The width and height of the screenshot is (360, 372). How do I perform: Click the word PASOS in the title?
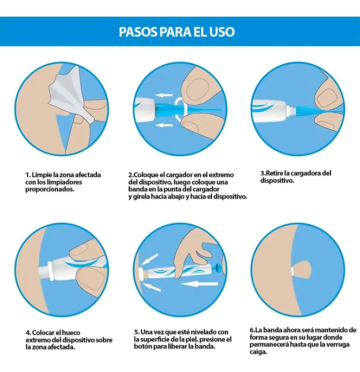click(x=138, y=32)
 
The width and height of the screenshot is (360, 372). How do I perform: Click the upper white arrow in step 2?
click(x=164, y=96)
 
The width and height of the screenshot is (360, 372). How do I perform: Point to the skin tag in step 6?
click(x=301, y=269)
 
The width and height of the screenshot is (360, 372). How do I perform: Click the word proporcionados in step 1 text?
click(x=50, y=189)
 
